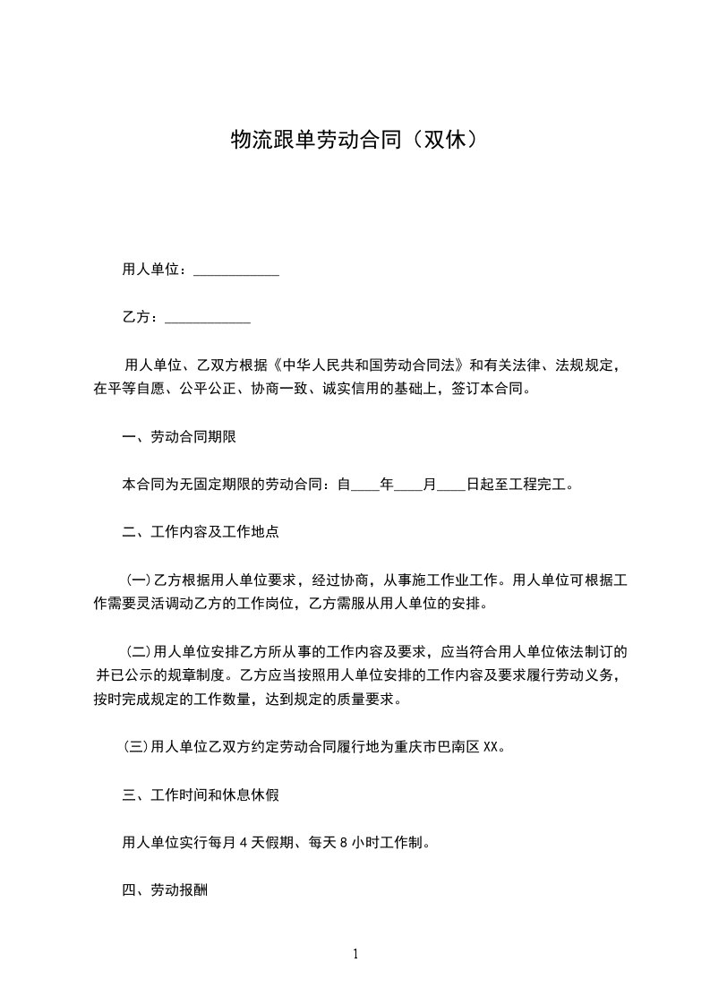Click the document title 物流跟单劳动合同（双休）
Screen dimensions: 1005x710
(x=355, y=140)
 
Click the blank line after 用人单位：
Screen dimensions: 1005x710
(x=236, y=271)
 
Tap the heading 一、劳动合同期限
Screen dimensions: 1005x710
(x=179, y=437)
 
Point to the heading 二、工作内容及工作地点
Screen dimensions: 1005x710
(x=201, y=532)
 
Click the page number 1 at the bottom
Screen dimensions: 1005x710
(x=355, y=955)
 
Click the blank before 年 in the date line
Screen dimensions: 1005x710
(x=366, y=485)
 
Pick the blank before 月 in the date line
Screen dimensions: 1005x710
(x=408, y=485)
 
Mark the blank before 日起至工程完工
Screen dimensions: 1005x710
(x=451, y=485)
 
